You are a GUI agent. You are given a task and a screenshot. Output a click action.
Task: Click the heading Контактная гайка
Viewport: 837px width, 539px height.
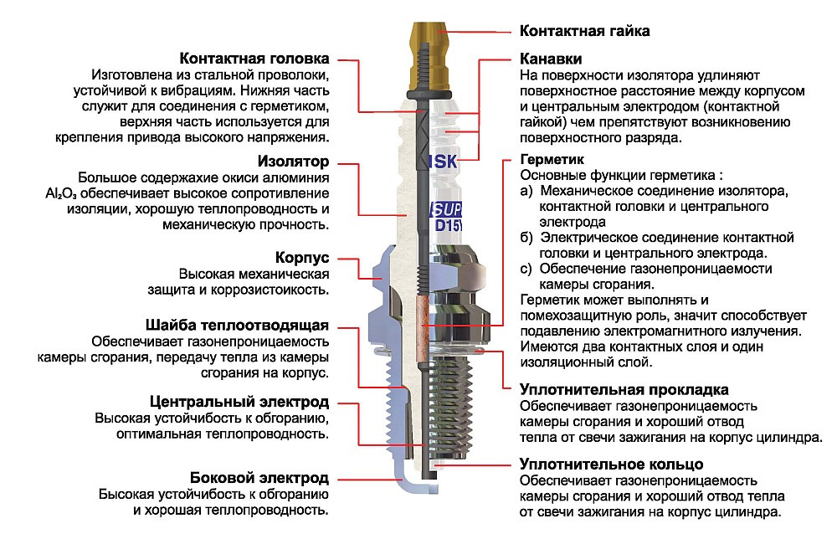(x=585, y=31)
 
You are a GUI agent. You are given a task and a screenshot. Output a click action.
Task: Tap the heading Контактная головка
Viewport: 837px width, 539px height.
(x=254, y=59)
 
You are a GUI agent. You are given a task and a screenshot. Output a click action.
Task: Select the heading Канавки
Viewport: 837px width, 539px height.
(x=551, y=59)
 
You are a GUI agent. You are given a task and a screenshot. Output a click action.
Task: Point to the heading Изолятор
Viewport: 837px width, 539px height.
(x=290, y=161)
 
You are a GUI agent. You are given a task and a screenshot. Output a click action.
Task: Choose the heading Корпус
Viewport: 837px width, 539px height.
(x=301, y=257)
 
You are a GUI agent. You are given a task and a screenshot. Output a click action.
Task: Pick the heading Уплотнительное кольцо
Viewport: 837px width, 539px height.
(x=611, y=464)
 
